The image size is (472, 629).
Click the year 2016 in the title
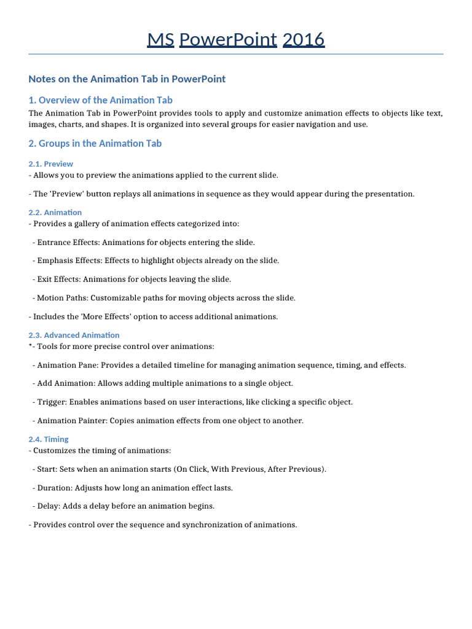click(303, 39)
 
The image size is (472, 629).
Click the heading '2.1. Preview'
click(51, 164)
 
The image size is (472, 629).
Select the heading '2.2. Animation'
click(55, 213)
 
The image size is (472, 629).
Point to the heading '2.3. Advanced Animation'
click(74, 335)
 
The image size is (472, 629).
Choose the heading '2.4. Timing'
click(49, 439)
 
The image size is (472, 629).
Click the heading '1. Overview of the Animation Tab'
click(100, 100)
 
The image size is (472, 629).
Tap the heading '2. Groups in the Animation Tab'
click(95, 144)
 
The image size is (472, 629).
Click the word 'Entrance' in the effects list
click(53, 242)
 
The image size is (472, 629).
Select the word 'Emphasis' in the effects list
click(55, 260)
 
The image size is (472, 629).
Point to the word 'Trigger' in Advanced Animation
click(51, 402)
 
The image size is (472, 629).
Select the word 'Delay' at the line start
click(48, 506)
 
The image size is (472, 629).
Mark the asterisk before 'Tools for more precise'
click(30, 346)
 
